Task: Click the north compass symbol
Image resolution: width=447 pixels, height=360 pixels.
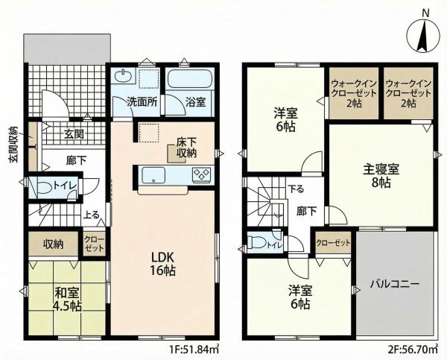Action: click(x=422, y=35)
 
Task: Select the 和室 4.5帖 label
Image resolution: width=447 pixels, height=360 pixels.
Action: click(x=68, y=299)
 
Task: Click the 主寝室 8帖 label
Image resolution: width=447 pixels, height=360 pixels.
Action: click(x=381, y=176)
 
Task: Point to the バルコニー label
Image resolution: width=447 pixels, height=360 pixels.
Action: click(x=395, y=284)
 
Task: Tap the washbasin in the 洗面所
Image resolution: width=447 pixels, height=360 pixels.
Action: click(x=124, y=76)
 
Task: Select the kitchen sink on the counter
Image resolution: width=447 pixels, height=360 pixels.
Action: click(x=153, y=175)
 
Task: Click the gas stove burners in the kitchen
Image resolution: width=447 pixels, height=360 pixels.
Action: click(x=202, y=174)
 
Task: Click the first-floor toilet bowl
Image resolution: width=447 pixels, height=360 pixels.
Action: click(x=45, y=187)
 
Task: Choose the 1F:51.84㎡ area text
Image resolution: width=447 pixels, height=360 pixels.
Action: click(x=194, y=349)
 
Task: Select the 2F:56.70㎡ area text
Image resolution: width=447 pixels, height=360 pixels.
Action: click(x=413, y=349)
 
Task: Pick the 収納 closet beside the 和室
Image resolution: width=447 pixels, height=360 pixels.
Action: click(x=54, y=243)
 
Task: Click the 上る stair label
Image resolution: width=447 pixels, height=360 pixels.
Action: click(x=91, y=215)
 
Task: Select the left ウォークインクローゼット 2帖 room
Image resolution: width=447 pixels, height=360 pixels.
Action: click(x=353, y=93)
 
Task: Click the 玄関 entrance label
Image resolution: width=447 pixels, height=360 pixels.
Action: click(x=74, y=133)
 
